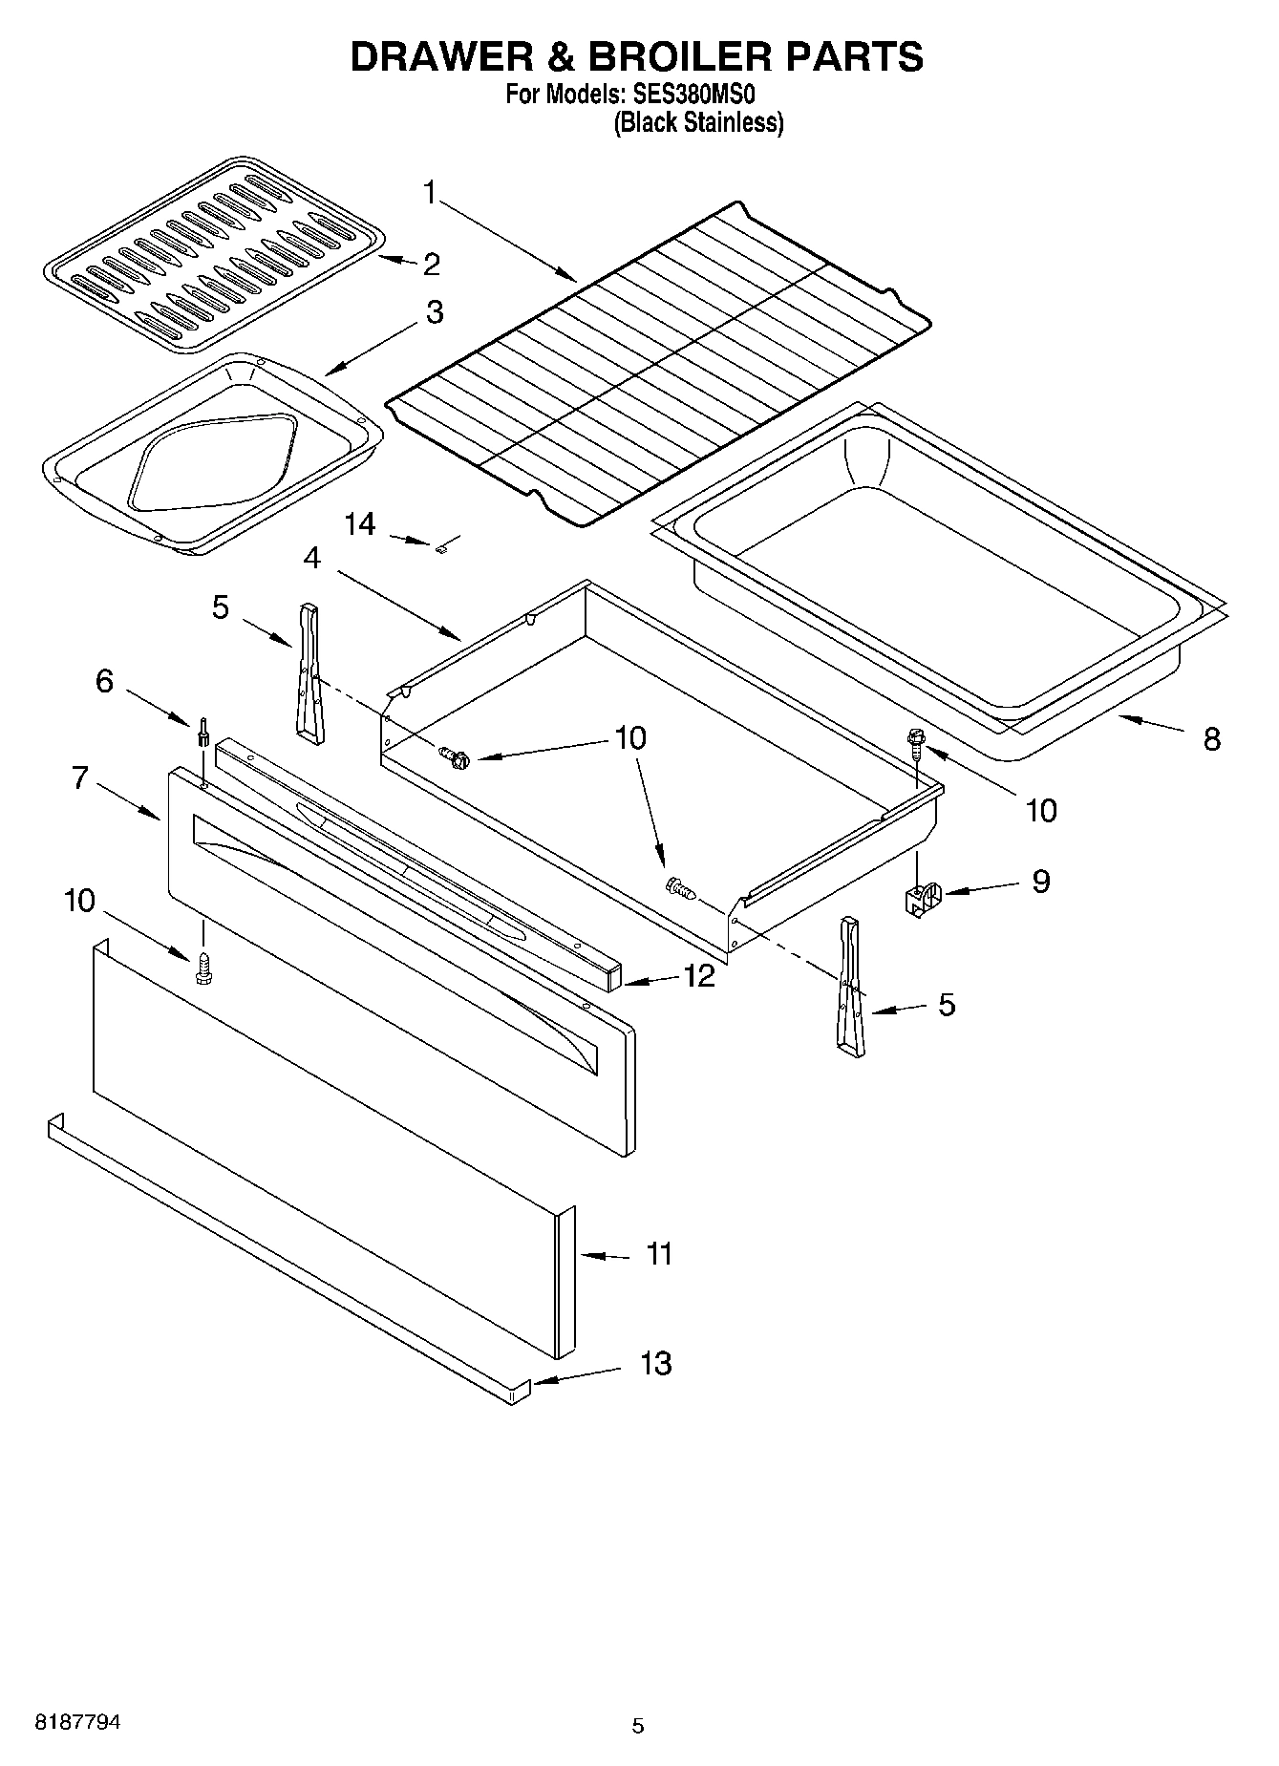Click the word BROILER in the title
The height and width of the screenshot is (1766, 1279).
(x=679, y=56)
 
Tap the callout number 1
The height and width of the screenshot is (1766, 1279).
(x=430, y=194)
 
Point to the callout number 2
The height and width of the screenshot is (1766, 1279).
(x=431, y=265)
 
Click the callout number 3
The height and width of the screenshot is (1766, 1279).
(x=435, y=312)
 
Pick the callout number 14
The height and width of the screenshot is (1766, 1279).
(x=360, y=524)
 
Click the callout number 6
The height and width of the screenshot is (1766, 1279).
(x=104, y=681)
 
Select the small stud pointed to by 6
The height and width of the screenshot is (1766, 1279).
(x=203, y=736)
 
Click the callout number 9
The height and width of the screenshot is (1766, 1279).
(x=1040, y=881)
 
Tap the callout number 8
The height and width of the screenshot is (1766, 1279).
(x=1211, y=738)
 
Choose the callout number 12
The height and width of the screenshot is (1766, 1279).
(x=698, y=976)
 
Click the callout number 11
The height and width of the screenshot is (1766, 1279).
(x=660, y=1253)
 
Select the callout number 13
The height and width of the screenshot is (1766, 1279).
(x=655, y=1363)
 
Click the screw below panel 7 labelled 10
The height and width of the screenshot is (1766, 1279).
(x=203, y=968)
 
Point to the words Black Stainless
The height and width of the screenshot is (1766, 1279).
(x=698, y=122)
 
